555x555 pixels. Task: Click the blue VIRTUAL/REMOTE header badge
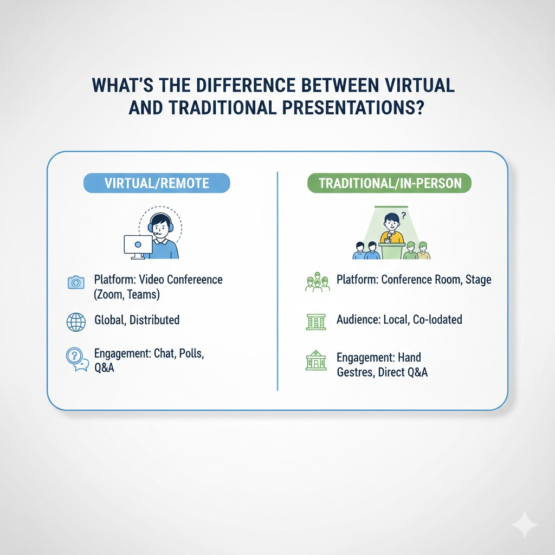[157, 183]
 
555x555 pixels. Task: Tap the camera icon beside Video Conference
[76, 282]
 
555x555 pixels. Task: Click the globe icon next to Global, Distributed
[76, 321]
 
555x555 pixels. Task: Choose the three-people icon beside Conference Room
[317, 282]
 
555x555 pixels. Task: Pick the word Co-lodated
[437, 319]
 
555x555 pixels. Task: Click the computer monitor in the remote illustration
[138, 246]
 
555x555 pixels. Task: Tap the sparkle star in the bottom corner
[525, 525]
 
